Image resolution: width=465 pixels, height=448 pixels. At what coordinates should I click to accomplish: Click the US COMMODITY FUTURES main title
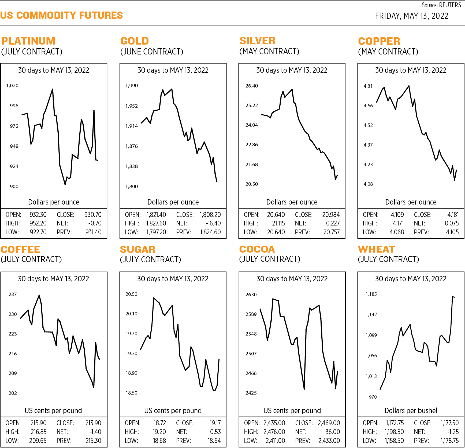[61, 15]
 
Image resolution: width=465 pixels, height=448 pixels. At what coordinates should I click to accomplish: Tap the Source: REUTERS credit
[441, 5]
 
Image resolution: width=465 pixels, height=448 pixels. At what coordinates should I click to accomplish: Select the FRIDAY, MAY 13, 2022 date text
[411, 16]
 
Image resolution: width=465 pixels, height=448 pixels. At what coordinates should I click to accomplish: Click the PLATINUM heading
[28, 41]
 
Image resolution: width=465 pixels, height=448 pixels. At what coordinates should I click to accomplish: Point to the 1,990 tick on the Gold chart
[132, 86]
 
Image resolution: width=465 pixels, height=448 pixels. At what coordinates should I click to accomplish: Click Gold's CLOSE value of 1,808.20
[210, 215]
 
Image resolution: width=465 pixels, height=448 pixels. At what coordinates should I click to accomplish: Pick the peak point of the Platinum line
[53, 89]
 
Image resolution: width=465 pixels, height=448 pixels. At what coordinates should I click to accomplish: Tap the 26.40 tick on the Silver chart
[252, 86]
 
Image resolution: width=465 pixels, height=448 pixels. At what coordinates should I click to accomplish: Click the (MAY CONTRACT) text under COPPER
[388, 52]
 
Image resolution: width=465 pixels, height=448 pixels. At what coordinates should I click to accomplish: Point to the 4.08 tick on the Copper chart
[368, 184]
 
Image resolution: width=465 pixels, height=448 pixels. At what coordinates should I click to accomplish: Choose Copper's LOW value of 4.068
[396, 232]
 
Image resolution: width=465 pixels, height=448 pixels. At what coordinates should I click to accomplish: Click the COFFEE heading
[21, 250]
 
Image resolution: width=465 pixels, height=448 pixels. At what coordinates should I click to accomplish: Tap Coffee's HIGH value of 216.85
[38, 432]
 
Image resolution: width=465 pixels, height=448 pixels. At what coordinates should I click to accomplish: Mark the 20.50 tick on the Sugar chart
[131, 294]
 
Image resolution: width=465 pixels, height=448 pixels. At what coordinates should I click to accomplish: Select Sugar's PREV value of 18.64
[214, 441]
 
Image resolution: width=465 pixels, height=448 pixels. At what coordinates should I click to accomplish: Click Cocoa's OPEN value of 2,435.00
[274, 423]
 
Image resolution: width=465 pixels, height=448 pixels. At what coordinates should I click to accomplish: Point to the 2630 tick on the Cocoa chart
[251, 295]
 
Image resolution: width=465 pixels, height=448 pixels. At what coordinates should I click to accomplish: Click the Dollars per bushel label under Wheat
[411, 411]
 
